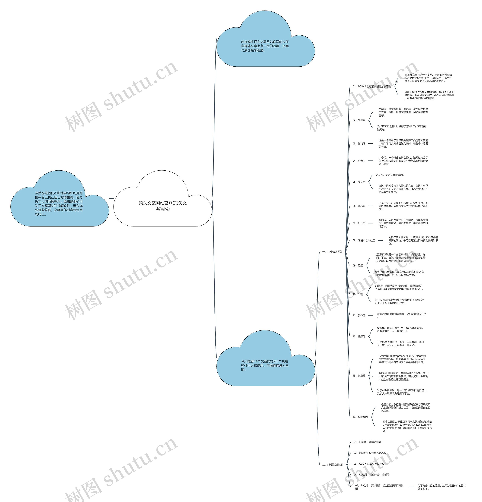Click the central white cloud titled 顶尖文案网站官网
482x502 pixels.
coord(162,205)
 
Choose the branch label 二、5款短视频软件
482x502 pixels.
coord(333,464)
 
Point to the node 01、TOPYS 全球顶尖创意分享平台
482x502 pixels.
coord(371,87)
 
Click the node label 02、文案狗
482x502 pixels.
coord(359,120)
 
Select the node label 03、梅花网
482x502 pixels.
coord(359,144)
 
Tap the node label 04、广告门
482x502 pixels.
coord(359,161)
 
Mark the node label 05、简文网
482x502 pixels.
coord(359,182)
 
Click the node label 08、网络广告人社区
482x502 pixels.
coord(364,241)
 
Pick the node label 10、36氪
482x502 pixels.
coord(358,294)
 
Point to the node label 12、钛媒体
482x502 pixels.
coord(359,336)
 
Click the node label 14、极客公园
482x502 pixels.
coord(360,417)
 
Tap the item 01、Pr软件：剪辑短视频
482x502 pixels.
coord(367,442)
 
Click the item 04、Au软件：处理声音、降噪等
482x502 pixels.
coord(371,475)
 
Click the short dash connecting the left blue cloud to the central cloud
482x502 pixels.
coord(111,198)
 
